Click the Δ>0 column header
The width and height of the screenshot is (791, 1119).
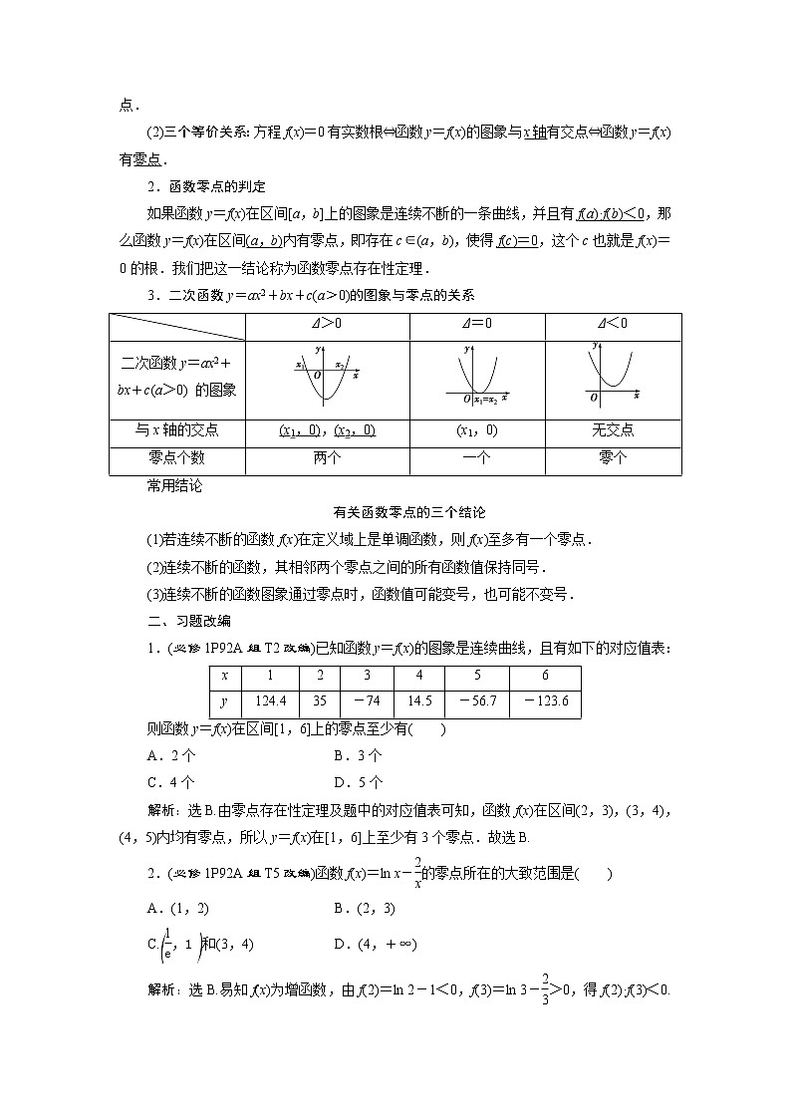pos(327,324)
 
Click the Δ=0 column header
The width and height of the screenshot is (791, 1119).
pos(476,324)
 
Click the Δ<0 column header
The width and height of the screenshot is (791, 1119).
pos(613,324)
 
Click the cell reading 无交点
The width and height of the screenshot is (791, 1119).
pos(613,430)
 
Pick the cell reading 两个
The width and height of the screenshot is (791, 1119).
pos(327,458)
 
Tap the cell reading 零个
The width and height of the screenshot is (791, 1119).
pos(613,458)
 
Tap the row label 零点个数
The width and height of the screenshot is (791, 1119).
pos(176,458)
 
